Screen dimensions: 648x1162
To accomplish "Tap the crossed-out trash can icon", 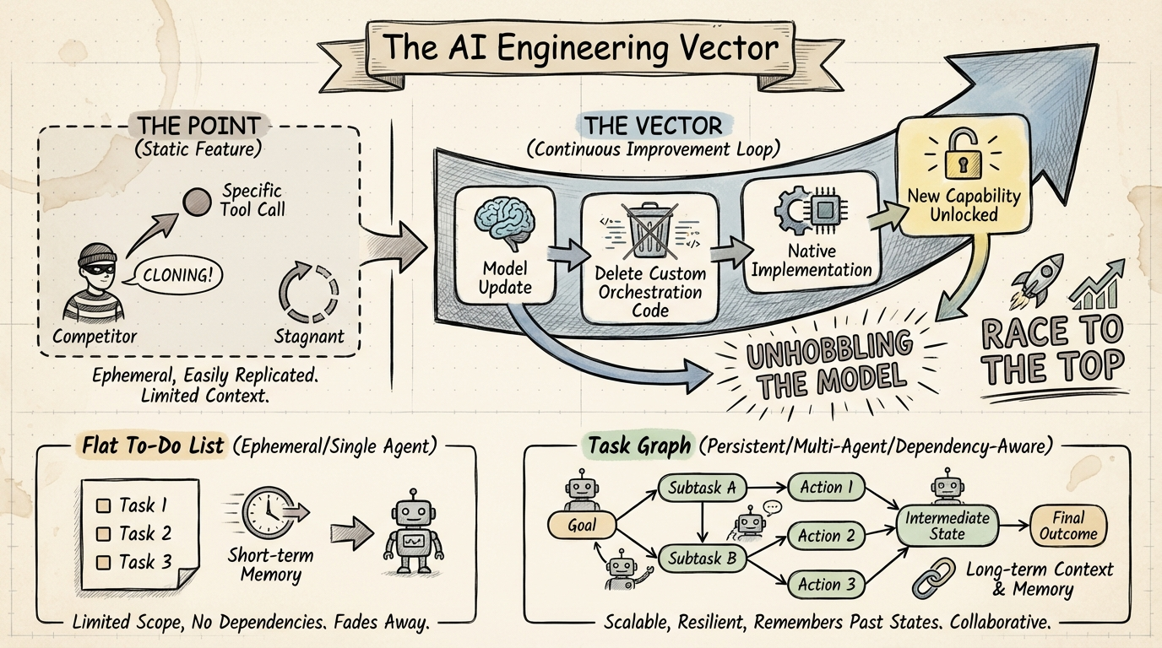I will coord(648,229).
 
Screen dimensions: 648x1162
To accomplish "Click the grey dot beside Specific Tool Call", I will coord(197,201).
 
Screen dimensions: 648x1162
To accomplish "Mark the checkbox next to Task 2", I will coord(105,534).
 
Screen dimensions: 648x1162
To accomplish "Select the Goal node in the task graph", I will coord(582,525).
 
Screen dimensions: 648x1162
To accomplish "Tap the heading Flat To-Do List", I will coord(154,445).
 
